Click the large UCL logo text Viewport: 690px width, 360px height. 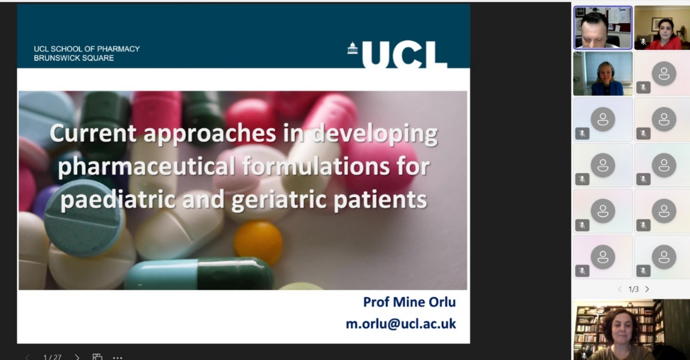tap(404, 55)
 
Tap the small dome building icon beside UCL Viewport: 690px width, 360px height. tap(353, 48)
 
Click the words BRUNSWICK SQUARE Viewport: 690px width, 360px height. tap(74, 58)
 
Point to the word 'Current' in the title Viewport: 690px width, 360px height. tap(93, 133)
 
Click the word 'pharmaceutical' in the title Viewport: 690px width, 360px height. tap(147, 166)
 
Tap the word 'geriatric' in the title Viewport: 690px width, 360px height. tap(279, 200)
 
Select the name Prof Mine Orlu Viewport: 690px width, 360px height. tap(409, 302)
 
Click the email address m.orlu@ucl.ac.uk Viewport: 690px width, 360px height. tap(401, 324)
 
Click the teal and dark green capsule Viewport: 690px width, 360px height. tap(200, 274)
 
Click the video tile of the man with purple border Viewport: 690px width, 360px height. tap(603, 27)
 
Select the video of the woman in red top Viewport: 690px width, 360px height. tap(662, 27)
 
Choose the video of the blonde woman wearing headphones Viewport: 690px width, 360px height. tap(603, 74)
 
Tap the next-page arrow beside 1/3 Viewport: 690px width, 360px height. tap(647, 289)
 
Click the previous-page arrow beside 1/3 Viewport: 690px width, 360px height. tap(620, 289)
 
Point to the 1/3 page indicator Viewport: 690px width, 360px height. tap(634, 289)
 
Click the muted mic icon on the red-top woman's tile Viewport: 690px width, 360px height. tap(643, 42)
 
